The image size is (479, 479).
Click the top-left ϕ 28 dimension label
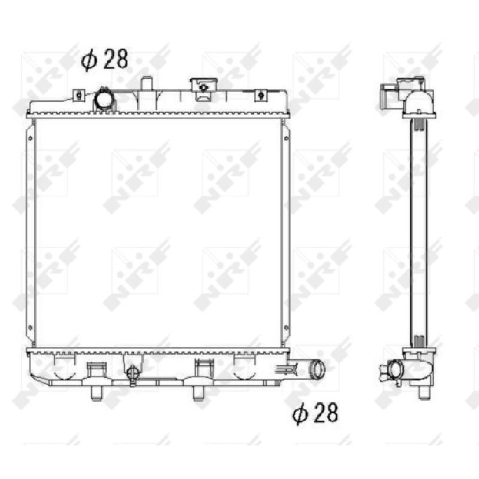tap(104, 59)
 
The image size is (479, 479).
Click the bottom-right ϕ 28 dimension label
tap(316, 413)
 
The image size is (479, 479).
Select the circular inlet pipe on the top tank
tap(104, 98)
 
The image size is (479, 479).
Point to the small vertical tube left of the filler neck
tap(147, 83)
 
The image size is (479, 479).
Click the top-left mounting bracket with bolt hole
tap(79, 95)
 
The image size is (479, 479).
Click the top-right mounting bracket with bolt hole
tap(260, 95)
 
